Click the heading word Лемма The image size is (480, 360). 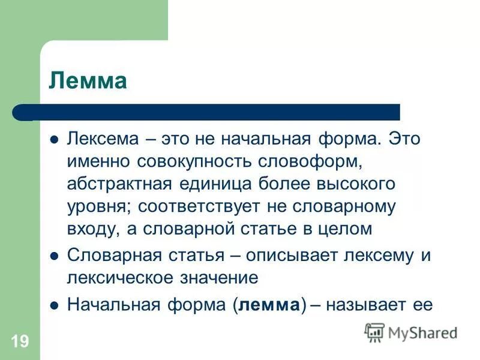coord(88,80)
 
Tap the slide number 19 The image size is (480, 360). coord(19,342)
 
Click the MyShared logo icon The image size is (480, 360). coord(375,332)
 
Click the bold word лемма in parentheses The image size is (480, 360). coord(269,304)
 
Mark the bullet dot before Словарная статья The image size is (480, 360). coord(53,254)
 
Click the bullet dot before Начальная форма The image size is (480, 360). coord(53,304)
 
